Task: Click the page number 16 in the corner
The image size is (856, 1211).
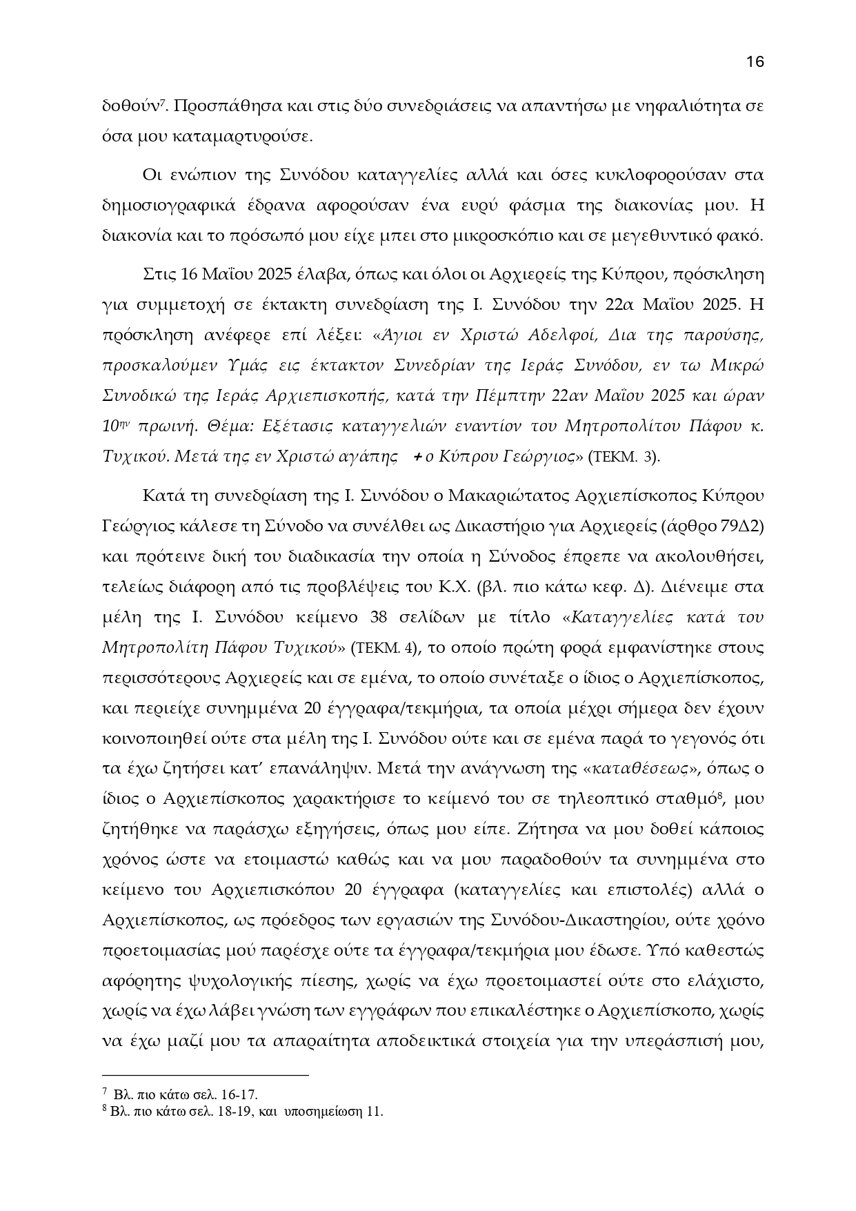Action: click(755, 61)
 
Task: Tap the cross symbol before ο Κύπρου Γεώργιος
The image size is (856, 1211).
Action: click(419, 456)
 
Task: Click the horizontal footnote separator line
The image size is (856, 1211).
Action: click(205, 1075)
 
